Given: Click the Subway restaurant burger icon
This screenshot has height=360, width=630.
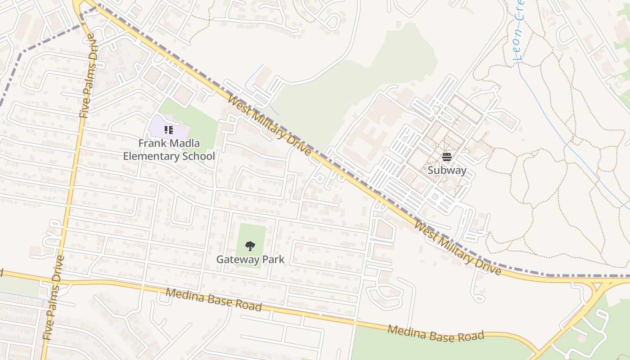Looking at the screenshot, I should (446, 157).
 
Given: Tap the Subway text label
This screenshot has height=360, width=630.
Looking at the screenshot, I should (446, 171).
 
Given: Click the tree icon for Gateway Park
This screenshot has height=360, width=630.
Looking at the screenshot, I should (250, 246).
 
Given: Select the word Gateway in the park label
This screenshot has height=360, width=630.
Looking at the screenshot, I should (237, 260).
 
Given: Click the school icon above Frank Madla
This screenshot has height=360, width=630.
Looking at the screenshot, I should (169, 130).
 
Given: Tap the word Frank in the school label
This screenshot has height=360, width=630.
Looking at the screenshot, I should (151, 144).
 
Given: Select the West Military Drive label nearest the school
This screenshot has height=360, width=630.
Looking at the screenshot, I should (269, 126).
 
